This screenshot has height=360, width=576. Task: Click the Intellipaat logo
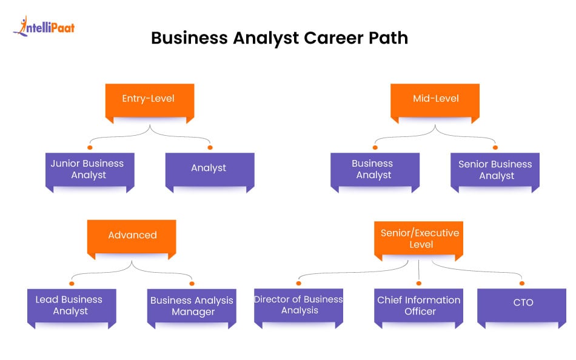[x=44, y=27]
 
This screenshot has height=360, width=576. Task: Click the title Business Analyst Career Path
[x=280, y=38]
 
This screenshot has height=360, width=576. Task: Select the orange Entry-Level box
[x=149, y=99]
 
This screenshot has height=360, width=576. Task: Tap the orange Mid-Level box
[x=435, y=99]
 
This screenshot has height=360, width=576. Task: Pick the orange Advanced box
[x=132, y=235]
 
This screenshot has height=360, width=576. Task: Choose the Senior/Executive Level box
[x=420, y=238]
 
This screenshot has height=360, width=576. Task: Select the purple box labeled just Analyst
[x=209, y=169]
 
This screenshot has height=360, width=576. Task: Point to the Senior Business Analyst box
[x=495, y=170]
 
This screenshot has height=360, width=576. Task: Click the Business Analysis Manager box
[x=192, y=306]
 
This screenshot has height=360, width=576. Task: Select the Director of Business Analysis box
[x=298, y=305]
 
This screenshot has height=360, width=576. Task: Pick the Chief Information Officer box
[x=419, y=305]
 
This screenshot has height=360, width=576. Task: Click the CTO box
[x=522, y=302]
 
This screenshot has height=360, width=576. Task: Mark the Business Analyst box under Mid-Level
[x=374, y=170]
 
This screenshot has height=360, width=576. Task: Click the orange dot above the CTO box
[x=522, y=282]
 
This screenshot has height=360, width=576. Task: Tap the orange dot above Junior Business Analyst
[x=90, y=147]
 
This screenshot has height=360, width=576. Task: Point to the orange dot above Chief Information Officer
[x=419, y=282]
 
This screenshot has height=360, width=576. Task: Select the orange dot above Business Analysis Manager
[x=192, y=283]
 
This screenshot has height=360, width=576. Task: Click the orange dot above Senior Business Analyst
[x=495, y=147]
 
